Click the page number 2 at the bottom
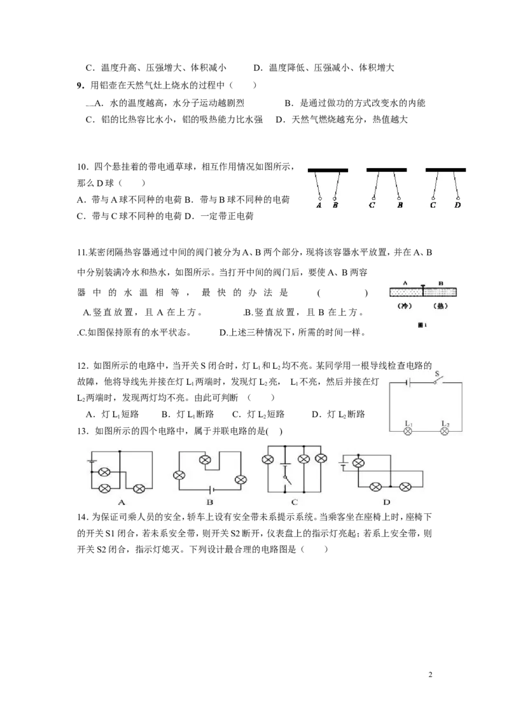(x=430, y=675)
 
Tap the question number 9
(x=80, y=85)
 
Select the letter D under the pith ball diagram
(x=457, y=205)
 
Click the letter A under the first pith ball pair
(x=319, y=205)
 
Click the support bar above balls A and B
(x=328, y=170)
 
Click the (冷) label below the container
(x=404, y=306)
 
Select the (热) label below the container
(x=440, y=306)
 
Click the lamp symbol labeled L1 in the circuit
(x=408, y=431)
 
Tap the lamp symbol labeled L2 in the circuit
(x=444, y=431)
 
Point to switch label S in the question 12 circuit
(x=437, y=374)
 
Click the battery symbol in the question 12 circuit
(x=408, y=382)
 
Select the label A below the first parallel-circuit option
(x=122, y=502)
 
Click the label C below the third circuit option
(x=295, y=502)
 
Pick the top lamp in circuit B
(x=205, y=460)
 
